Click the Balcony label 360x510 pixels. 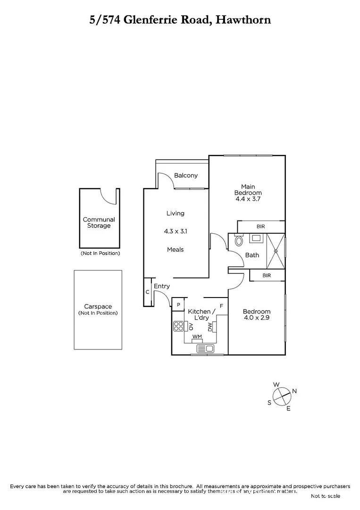[x=186, y=176]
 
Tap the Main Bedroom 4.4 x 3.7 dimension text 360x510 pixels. [x=248, y=199]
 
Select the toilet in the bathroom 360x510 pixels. [x=239, y=241]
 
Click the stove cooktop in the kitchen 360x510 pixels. [x=179, y=325]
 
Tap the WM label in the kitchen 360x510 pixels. [x=197, y=337]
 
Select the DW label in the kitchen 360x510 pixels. [x=210, y=326]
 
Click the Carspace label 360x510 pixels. [x=98, y=307]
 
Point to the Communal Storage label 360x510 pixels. [x=99, y=222]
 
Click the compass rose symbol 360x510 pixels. [x=282, y=395]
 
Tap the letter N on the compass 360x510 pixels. [x=294, y=391]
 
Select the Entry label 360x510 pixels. [x=162, y=286]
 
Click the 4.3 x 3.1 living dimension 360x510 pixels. [x=175, y=231]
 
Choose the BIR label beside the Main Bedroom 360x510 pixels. [x=261, y=227]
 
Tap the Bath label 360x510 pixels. [x=252, y=255]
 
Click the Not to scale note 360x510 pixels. [x=325, y=496]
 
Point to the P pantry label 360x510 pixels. [x=178, y=305]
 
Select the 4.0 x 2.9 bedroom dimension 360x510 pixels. [x=257, y=318]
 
